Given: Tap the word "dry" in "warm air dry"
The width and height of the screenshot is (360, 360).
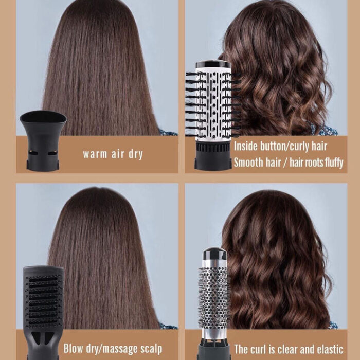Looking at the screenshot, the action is tap(136, 154).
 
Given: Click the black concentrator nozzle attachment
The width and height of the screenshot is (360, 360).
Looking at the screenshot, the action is tap(43, 140).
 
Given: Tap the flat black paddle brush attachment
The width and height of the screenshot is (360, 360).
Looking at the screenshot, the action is tap(43, 312).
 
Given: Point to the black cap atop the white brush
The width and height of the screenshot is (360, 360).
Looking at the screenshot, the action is tap(213, 64).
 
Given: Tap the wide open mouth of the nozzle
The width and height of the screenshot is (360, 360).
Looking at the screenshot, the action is tap(43, 117).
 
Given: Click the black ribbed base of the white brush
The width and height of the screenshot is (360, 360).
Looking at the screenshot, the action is tap(213, 156).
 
